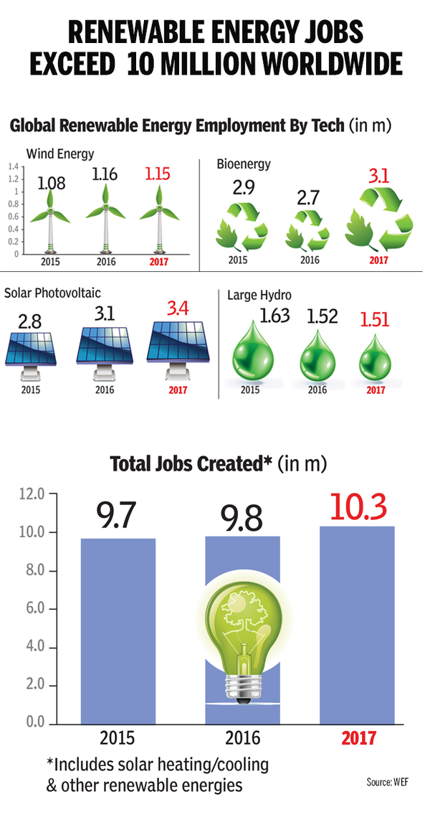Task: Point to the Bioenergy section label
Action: tap(243, 164)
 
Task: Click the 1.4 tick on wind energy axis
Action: tap(11, 167)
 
